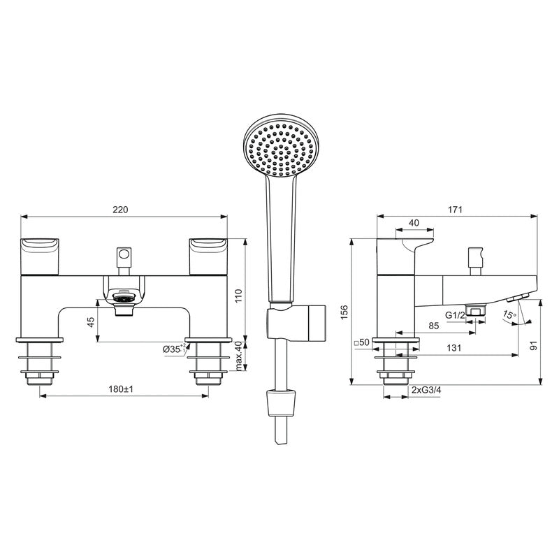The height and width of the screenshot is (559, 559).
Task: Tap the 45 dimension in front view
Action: [x=89, y=322]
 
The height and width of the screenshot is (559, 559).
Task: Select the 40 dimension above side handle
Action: [x=414, y=222]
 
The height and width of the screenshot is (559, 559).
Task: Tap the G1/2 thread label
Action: [x=455, y=314]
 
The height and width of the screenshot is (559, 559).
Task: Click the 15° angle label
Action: [x=510, y=314]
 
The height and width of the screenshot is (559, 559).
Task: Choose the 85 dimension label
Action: [x=434, y=326]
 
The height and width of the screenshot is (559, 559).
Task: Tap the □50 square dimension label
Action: [x=361, y=342]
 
